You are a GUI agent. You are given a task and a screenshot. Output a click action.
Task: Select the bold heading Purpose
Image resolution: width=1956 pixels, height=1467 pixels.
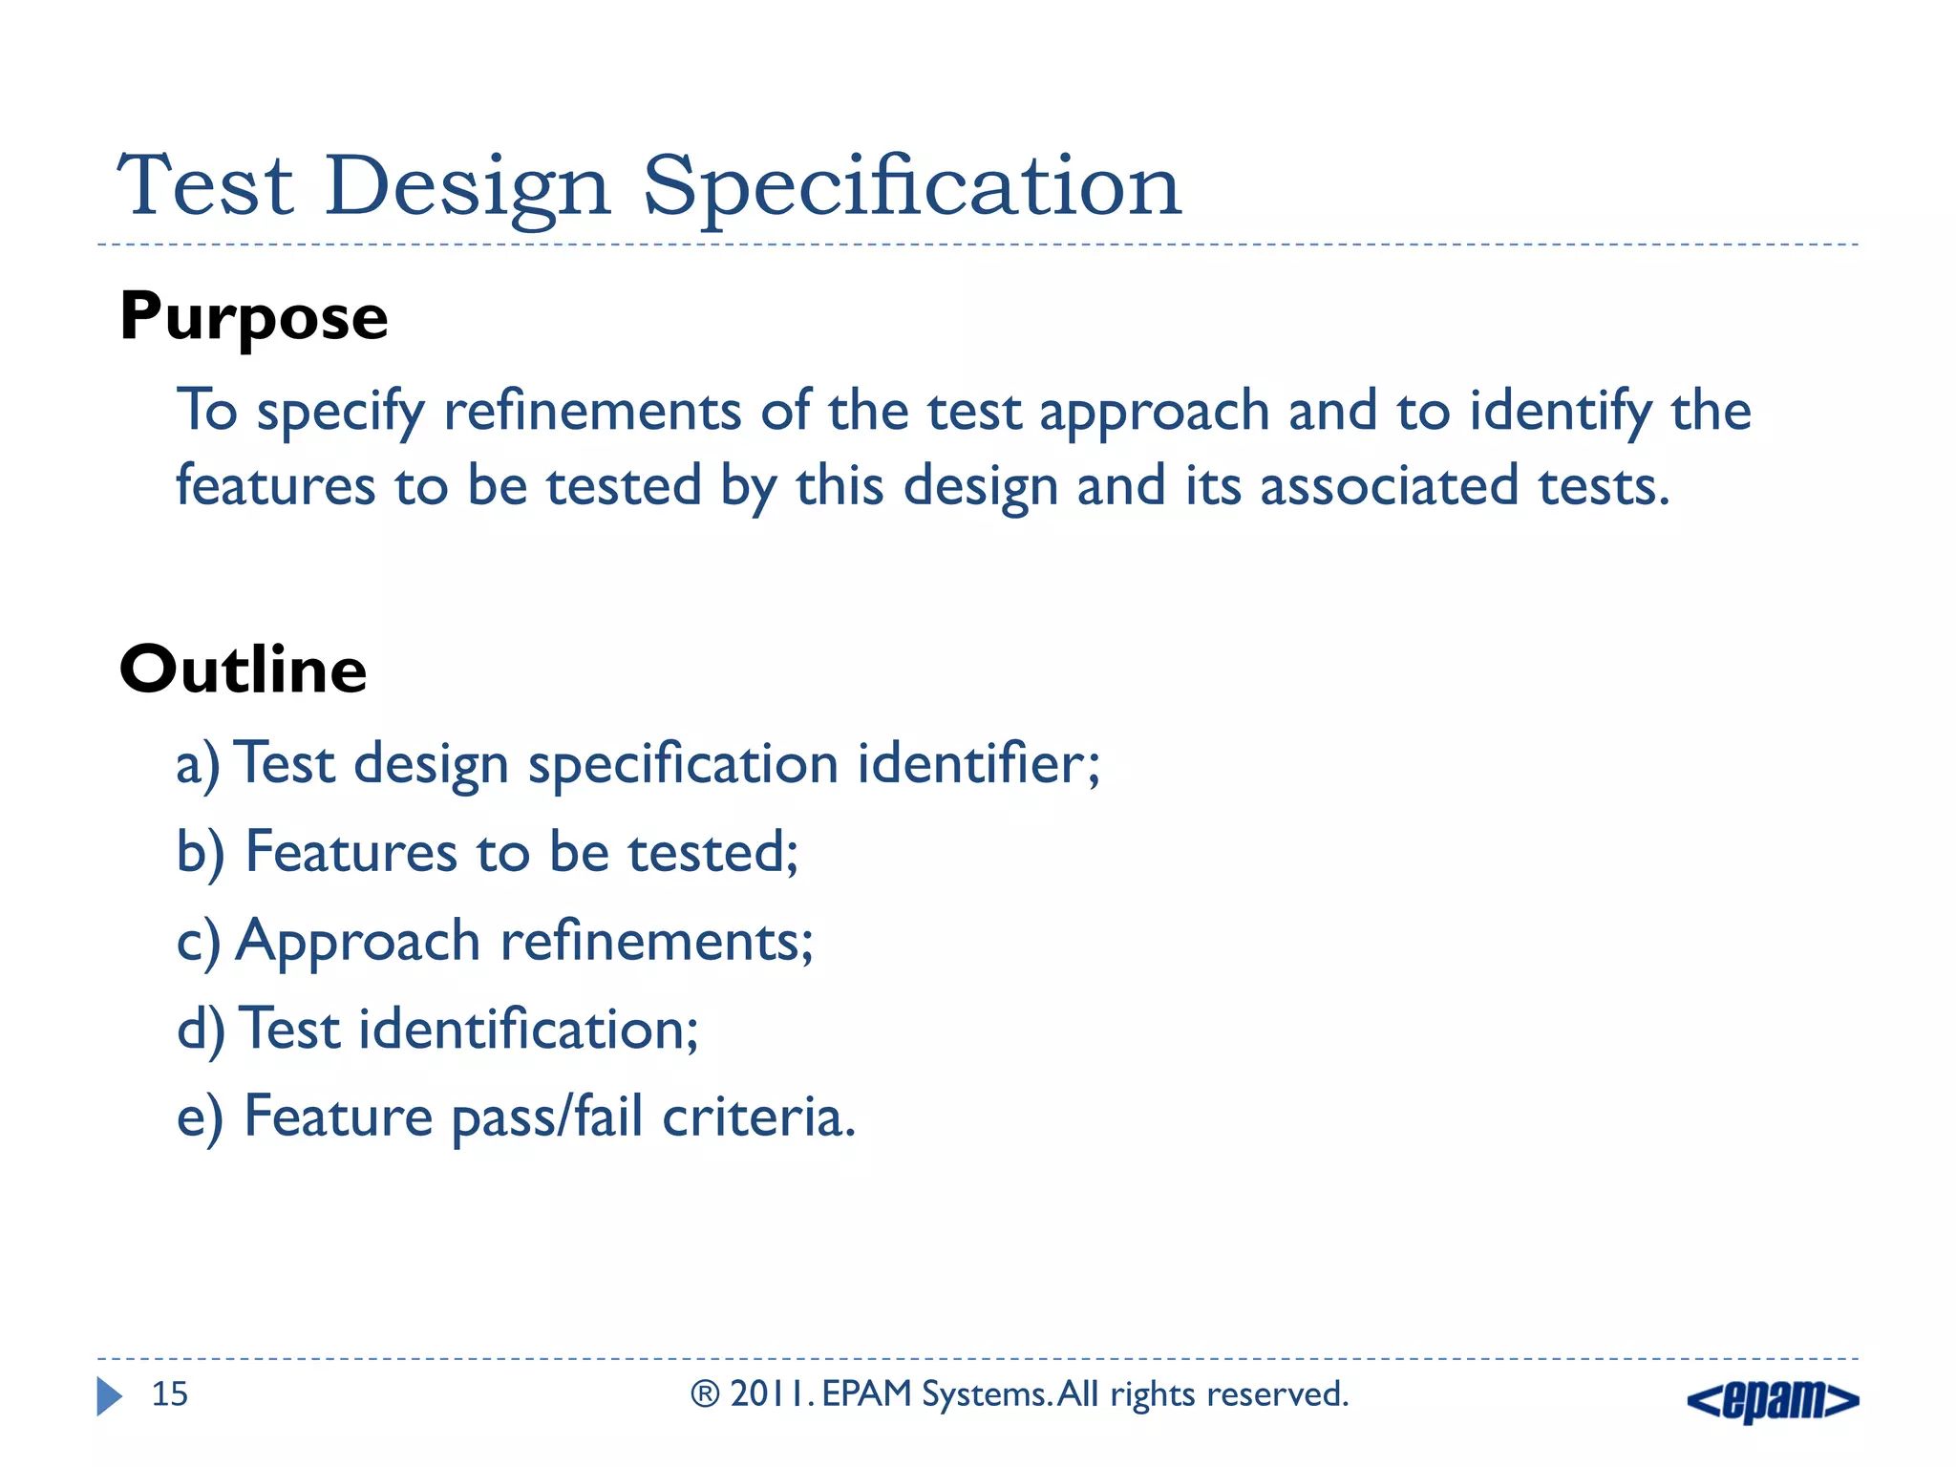254,317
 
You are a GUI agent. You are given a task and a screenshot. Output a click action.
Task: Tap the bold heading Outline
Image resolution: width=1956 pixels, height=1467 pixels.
244,670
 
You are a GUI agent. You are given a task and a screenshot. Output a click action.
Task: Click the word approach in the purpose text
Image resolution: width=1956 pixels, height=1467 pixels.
1154,413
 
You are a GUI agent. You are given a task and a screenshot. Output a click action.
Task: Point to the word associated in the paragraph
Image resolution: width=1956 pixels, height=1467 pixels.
1389,485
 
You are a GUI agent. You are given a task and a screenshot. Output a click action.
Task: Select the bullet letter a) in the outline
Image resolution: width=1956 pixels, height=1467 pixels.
198,765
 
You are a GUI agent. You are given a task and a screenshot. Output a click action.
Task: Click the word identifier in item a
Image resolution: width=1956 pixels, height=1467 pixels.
978,764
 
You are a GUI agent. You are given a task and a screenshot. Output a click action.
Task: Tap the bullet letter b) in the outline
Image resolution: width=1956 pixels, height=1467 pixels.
200,853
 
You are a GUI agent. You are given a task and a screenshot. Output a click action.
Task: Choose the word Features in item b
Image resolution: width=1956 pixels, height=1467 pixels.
351,852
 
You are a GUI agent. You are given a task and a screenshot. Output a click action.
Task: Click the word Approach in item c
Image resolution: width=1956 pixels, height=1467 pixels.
357,942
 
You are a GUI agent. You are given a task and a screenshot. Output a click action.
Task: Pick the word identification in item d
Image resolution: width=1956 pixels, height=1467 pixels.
528,1030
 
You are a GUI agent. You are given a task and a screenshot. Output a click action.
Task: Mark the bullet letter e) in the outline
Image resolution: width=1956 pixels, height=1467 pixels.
200,1117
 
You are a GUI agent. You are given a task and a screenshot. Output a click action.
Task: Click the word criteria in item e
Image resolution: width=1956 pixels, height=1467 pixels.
758,1116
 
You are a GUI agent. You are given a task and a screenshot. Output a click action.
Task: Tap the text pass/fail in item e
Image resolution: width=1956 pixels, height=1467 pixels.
546,1117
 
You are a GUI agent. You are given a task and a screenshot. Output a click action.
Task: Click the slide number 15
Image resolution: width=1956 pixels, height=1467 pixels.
170,1394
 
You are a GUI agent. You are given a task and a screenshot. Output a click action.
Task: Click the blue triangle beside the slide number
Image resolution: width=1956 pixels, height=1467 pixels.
109,1396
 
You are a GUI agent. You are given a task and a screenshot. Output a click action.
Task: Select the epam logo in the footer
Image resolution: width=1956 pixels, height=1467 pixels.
1773,1400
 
